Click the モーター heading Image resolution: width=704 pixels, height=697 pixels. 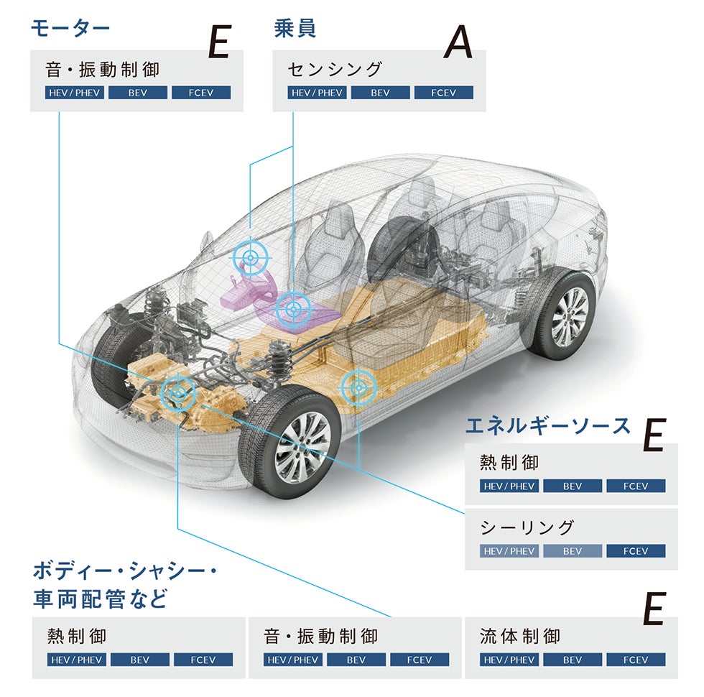[70, 28]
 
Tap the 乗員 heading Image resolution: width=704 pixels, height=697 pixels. [295, 28]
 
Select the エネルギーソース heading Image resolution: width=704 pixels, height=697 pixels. [547, 425]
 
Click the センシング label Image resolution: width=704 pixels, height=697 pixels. [334, 69]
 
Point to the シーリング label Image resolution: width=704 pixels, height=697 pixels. [527, 527]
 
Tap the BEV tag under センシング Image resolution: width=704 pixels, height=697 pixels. [380, 93]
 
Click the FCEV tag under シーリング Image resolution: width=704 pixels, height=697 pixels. [635, 551]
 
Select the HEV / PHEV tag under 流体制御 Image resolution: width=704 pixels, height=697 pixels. [509, 660]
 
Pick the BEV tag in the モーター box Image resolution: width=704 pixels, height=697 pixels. [137, 93]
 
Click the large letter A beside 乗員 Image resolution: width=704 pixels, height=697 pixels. [458, 44]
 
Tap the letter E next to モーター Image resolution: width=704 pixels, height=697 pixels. [218, 44]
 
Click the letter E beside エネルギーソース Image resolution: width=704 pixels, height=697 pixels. [654, 435]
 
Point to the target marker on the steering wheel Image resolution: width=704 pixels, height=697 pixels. [251, 257]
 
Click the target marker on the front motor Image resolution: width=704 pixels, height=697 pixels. [178, 392]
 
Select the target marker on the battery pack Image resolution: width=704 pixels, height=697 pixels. [357, 387]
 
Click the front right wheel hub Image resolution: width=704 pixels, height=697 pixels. [302, 438]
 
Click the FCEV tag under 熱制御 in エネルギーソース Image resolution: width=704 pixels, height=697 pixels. [635, 486]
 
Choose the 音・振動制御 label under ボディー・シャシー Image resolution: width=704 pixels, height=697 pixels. [320, 636]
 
